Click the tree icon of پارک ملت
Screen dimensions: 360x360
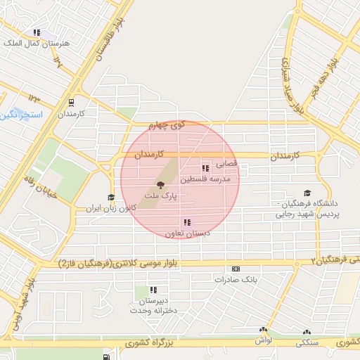161,185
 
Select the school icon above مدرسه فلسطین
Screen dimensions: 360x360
205,168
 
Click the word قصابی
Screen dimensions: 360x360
226,163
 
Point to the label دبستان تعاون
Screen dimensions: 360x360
186,233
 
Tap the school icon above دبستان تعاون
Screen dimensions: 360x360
186,222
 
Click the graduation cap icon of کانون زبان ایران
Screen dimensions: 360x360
110,198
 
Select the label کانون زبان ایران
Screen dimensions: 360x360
108,209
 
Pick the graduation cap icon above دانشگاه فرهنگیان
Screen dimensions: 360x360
307,193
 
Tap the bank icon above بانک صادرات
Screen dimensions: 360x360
235,269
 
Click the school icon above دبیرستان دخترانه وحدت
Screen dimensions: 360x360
153,289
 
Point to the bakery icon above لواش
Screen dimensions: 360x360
264,329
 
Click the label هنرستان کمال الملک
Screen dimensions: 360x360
39,44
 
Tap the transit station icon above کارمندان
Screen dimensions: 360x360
74,101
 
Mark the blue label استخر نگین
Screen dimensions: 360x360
21,114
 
